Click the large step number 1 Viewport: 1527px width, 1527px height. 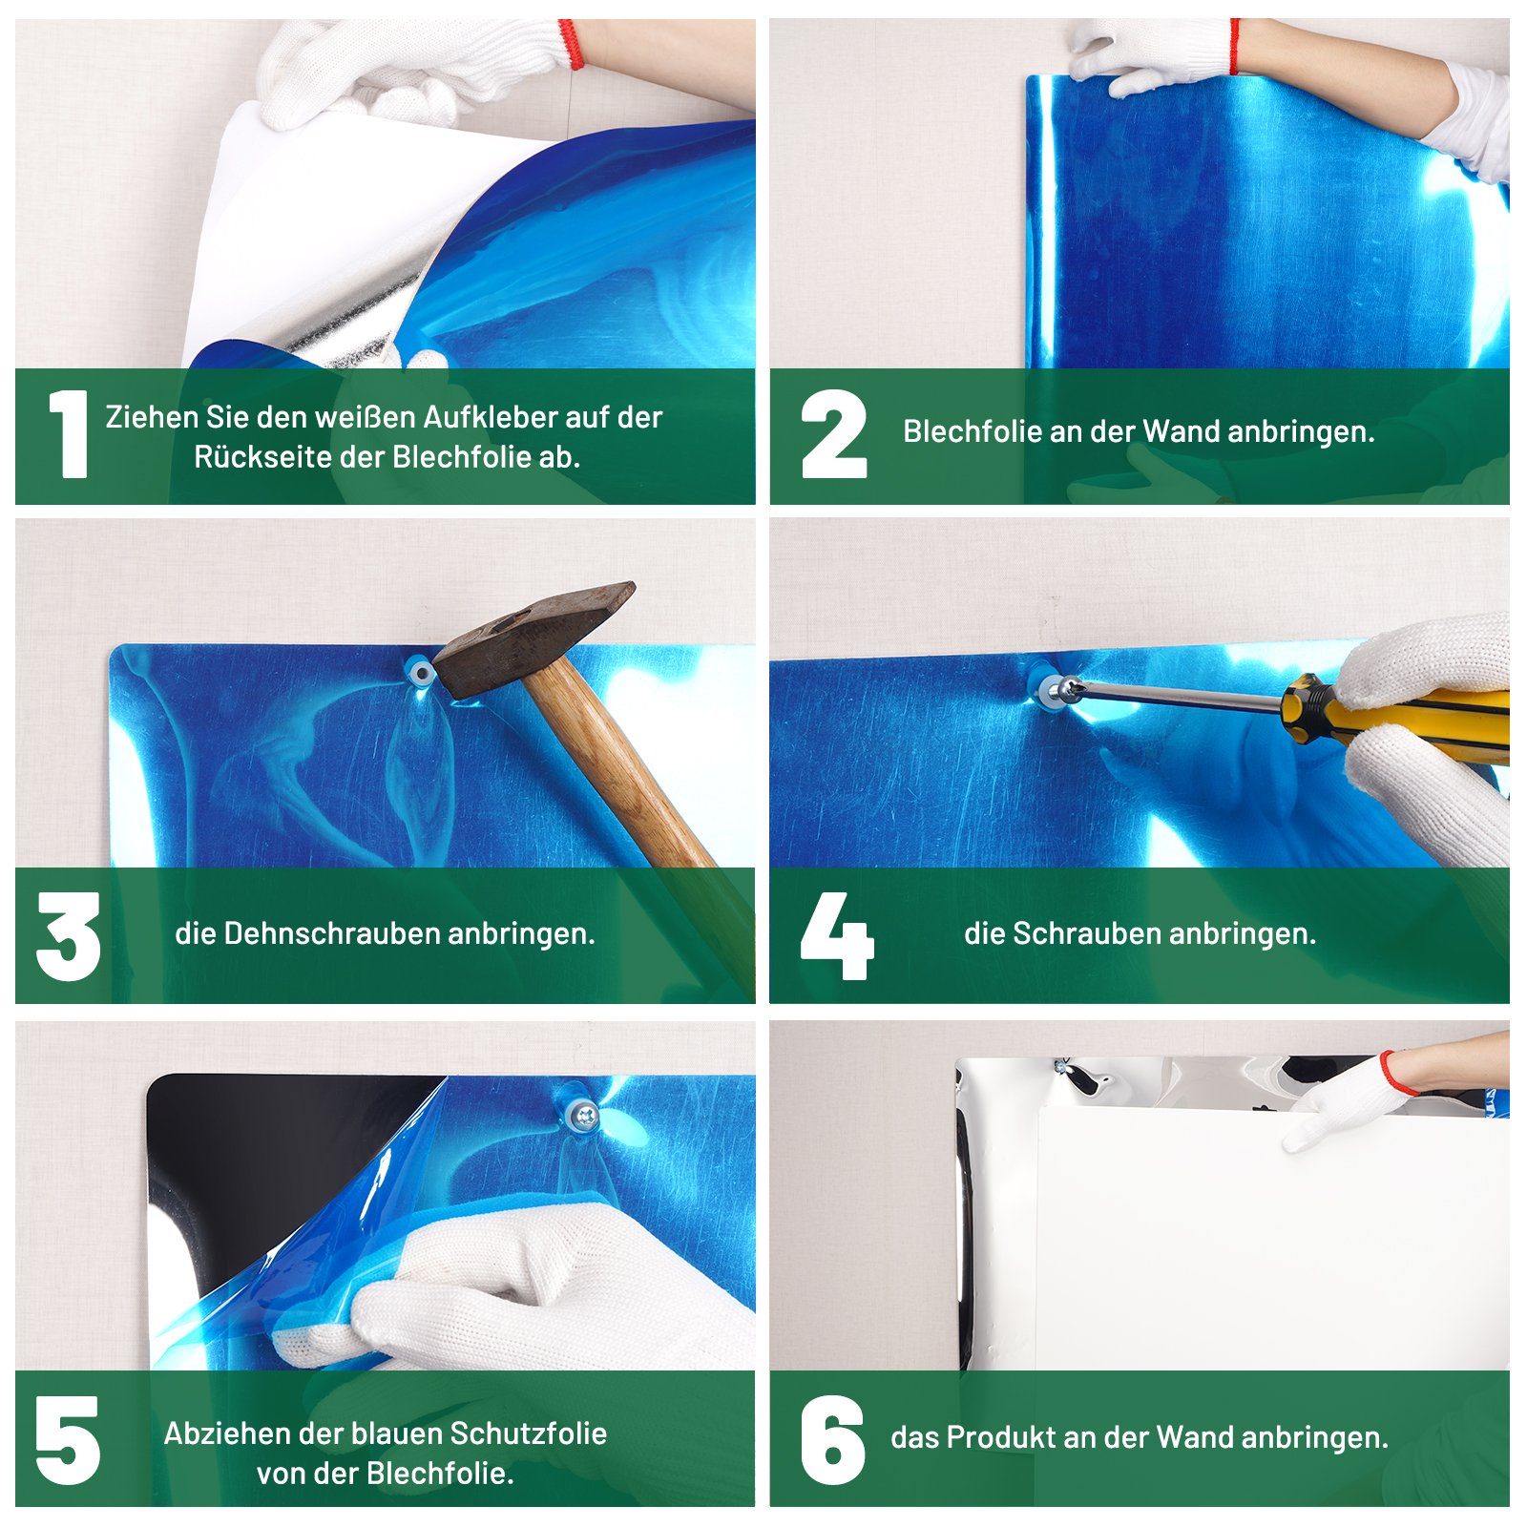point(69,434)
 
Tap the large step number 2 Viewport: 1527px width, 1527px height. point(834,434)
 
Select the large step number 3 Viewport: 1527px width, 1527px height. point(69,936)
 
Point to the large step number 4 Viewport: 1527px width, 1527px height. point(837,936)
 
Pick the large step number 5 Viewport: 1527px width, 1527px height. point(68,1439)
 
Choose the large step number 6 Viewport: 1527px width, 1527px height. point(833,1439)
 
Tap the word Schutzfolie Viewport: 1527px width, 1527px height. point(529,1433)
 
